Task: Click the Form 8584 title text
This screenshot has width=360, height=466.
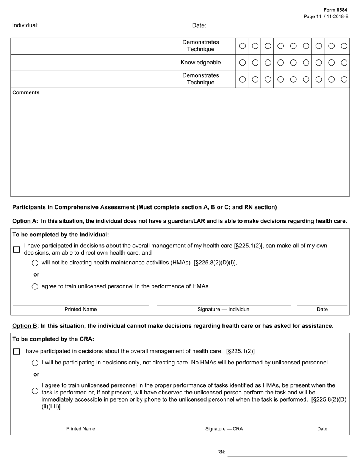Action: pos(335,10)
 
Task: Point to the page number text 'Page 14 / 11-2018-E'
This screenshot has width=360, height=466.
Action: pos(326,16)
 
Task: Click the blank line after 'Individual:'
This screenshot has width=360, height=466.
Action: pos(103,27)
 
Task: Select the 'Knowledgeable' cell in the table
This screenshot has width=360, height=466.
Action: pos(200,63)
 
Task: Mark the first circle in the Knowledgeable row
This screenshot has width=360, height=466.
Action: pos(243,63)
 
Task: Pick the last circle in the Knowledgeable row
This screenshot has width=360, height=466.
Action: pos(344,63)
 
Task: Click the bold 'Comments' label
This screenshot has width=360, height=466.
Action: pos(26,92)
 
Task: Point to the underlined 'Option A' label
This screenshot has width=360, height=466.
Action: pos(24,221)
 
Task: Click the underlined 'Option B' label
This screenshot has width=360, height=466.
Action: pos(25,326)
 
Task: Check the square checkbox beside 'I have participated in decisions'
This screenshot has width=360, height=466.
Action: pos(16,249)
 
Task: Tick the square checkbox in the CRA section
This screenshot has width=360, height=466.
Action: pos(16,352)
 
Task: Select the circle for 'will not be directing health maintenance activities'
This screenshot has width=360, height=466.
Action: pos(35,263)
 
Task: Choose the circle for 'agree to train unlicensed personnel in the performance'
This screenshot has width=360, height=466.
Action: pos(35,287)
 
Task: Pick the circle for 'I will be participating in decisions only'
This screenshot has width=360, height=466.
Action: pos(35,363)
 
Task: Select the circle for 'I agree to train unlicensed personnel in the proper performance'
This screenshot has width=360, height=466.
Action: pos(35,391)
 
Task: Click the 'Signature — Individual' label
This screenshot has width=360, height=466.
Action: pos(224,310)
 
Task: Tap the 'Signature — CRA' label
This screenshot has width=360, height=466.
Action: pos(224,429)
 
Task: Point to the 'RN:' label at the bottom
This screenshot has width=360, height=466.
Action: pos(221,452)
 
